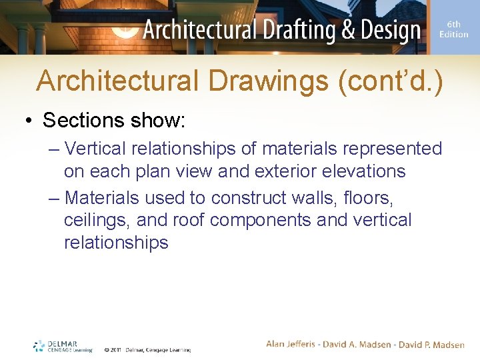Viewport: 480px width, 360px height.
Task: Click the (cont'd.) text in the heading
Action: point(390,81)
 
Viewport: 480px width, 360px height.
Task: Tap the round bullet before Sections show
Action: point(29,121)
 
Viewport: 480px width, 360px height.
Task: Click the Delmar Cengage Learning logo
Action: point(63,346)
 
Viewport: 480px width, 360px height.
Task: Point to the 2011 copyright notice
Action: point(147,349)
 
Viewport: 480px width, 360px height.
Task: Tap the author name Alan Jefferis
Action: point(294,344)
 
